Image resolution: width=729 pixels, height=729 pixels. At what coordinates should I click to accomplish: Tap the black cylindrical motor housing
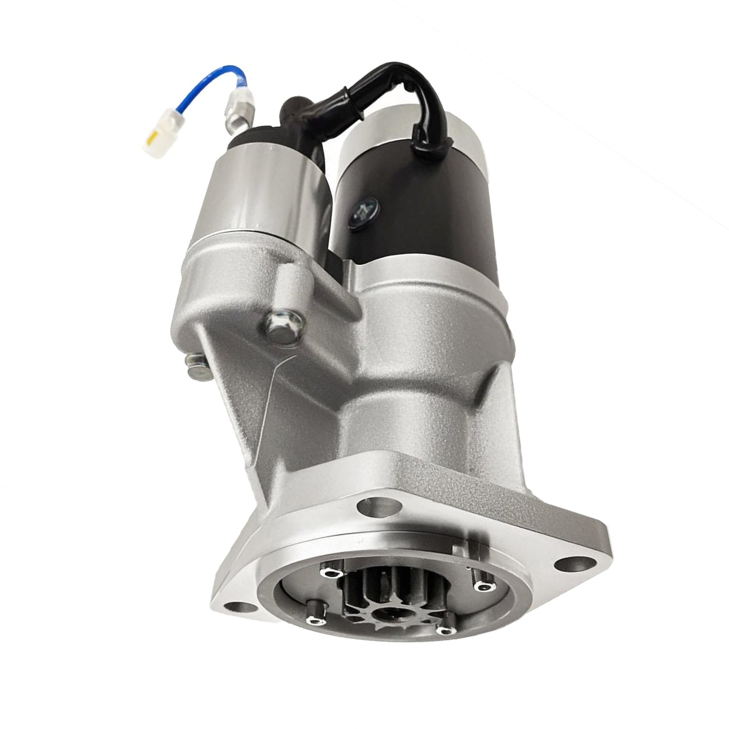pos(419,212)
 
